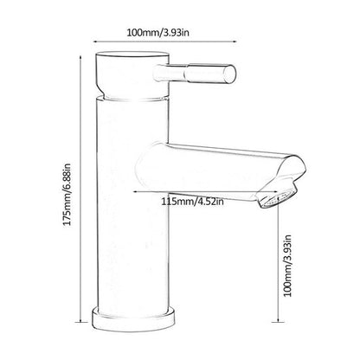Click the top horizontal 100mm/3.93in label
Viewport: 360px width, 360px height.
pyautogui.click(x=158, y=32)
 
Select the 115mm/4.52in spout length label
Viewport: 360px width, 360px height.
pyautogui.click(x=192, y=201)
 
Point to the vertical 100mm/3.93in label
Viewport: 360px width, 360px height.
pyautogui.click(x=287, y=266)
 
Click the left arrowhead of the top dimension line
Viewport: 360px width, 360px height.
pyautogui.click(x=95, y=42)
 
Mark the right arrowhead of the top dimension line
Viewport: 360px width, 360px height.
pyautogui.click(x=235, y=42)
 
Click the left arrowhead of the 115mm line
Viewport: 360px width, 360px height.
pyautogui.click(x=136, y=191)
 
